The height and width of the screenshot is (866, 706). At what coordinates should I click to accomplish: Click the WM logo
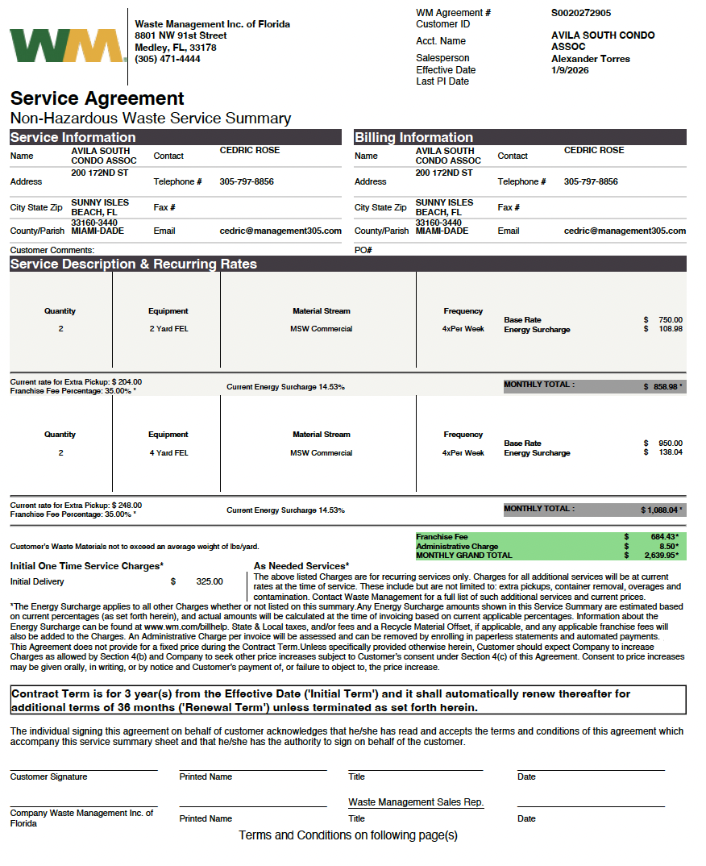tap(68, 46)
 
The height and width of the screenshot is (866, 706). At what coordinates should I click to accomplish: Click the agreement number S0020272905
tap(581, 13)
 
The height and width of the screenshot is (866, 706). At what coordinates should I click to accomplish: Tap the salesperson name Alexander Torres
tap(591, 59)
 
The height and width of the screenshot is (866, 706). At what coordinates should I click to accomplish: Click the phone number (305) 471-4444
tap(168, 59)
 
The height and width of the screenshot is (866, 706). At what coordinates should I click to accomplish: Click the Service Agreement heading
tap(98, 98)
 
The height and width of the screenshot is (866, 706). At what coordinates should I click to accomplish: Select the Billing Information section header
tap(414, 137)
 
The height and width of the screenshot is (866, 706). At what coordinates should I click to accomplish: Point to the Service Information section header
tap(73, 137)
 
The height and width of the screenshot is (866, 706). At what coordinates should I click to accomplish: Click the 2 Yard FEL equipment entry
tap(168, 329)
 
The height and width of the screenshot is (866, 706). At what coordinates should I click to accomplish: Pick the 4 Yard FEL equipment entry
tap(168, 453)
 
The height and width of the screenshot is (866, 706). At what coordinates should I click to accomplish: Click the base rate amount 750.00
tap(670, 320)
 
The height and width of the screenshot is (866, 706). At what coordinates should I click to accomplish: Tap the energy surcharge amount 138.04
tap(670, 452)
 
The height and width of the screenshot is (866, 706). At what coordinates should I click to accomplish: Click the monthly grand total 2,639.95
tap(663, 556)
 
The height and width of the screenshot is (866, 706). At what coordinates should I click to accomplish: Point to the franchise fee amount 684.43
tap(665, 537)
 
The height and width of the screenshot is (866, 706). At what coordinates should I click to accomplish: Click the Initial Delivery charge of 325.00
tap(210, 581)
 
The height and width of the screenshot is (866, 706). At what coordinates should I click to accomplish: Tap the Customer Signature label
tap(48, 777)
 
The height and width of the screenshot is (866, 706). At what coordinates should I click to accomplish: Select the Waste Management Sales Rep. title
tap(416, 803)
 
